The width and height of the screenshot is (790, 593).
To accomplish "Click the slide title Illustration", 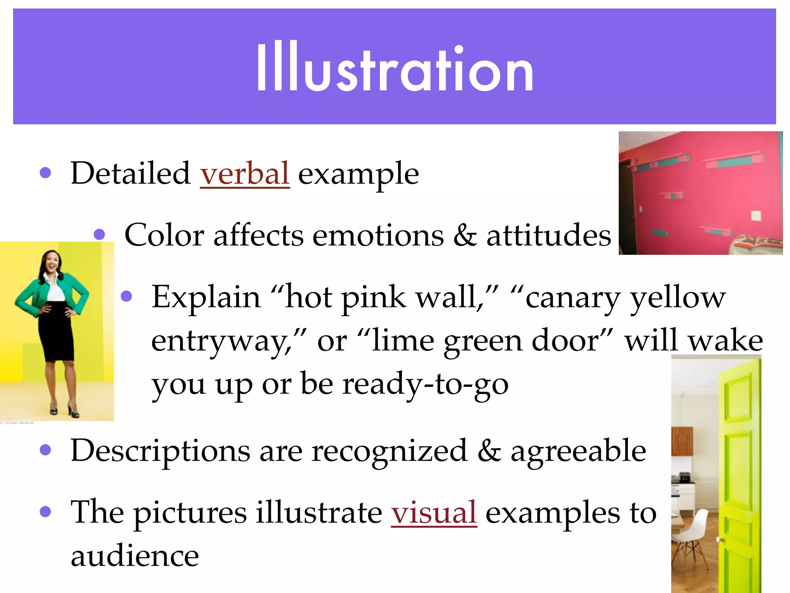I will click(x=395, y=68).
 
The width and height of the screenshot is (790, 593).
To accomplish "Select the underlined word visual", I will click(x=434, y=512).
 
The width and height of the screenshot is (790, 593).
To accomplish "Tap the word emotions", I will click(x=378, y=235).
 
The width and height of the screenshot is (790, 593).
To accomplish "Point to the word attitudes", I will click(x=549, y=235).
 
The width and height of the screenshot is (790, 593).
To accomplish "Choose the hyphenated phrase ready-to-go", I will click(x=425, y=384).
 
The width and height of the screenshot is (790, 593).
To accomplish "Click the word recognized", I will click(x=389, y=451).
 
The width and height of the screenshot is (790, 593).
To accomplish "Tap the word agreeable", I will click(x=578, y=451).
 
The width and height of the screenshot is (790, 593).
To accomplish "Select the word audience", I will click(x=135, y=556).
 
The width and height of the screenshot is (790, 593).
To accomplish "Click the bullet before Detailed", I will click(x=46, y=173).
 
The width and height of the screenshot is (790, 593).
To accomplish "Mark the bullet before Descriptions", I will click(x=46, y=450).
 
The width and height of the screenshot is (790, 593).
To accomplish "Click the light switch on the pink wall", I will click(x=756, y=215).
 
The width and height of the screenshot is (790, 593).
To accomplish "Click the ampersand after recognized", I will click(x=489, y=451).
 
